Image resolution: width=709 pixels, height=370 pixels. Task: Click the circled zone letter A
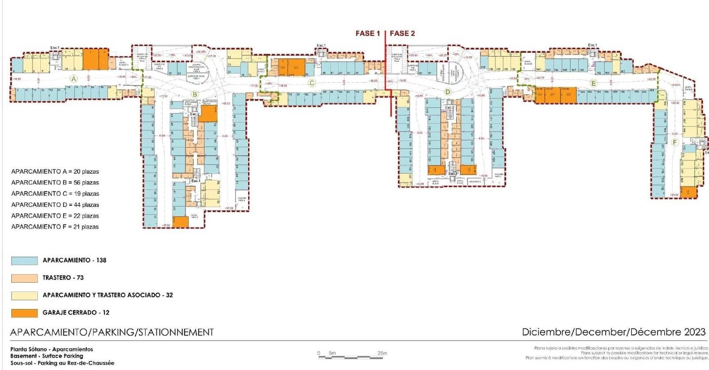click(74, 79)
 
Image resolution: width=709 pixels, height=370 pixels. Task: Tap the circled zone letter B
click(195, 94)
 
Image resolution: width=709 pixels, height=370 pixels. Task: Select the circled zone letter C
click(312, 83)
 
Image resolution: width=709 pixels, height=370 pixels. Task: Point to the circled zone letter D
click(448, 92)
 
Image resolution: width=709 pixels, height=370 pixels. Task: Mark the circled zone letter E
click(594, 83)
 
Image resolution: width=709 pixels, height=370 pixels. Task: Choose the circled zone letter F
click(675, 142)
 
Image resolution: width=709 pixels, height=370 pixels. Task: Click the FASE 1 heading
click(368, 33)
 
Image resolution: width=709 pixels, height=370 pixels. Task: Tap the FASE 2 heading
click(402, 33)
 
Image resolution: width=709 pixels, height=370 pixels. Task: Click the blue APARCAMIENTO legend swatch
click(24, 261)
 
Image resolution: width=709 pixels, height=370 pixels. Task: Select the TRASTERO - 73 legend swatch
click(24, 278)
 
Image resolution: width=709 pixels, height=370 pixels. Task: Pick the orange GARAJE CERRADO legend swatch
click(24, 313)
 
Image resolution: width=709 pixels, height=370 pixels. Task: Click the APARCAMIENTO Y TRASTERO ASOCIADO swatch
click(24, 295)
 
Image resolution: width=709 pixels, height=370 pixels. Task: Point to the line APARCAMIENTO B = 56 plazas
click(55, 182)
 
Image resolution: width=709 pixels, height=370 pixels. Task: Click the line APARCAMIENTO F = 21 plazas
click(55, 227)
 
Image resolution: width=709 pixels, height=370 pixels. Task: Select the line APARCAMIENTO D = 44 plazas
click(55, 205)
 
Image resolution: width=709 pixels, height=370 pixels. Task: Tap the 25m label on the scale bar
click(382, 353)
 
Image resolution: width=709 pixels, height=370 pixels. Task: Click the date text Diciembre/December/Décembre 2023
click(613, 332)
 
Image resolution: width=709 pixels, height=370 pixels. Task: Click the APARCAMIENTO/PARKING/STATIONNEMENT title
click(112, 332)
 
